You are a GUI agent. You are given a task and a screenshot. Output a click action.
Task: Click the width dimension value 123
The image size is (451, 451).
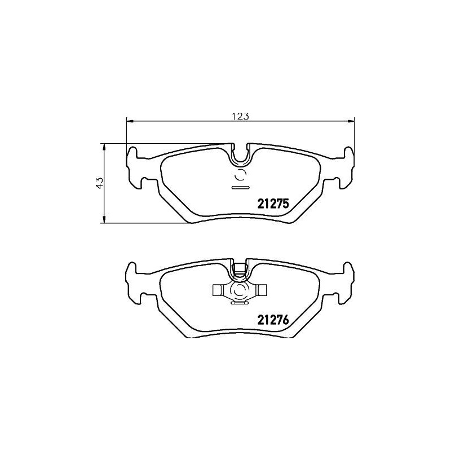coord(241,116)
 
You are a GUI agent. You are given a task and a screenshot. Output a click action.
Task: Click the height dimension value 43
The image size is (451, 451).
coord(99,183)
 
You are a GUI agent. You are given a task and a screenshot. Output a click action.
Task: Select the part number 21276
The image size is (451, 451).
coord(273,320)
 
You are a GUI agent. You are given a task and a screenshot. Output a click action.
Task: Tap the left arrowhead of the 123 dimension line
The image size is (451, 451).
coord(129,120)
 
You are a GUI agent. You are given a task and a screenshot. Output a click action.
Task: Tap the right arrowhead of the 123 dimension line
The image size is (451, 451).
coord(352,120)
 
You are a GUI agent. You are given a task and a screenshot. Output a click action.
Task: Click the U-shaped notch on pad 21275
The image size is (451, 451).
coord(241,154)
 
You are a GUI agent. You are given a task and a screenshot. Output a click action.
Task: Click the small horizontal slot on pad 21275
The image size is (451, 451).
coord(241,186)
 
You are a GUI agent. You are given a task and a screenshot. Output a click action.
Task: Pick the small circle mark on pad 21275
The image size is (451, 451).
coord(241,174)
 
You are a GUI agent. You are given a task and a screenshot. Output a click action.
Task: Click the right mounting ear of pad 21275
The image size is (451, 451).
coord(346,166)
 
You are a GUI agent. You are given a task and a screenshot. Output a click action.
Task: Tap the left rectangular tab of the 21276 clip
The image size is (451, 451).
coord(218,290)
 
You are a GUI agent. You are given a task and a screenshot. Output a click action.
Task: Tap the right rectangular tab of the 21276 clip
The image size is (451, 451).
coord(263,290)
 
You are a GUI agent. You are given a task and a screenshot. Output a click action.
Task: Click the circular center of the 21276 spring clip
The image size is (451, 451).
coord(241,290)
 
